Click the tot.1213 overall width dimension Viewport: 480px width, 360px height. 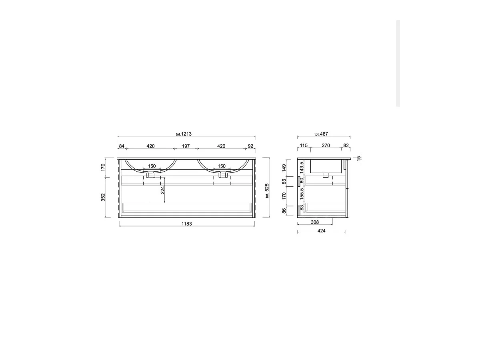(x=184, y=134)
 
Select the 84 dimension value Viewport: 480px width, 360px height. (x=122, y=146)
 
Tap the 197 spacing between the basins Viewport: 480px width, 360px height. (x=186, y=146)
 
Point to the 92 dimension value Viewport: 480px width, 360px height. (x=251, y=146)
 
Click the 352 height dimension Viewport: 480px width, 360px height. (x=103, y=197)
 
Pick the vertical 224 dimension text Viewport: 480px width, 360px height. (x=162, y=190)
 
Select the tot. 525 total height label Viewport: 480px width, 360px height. (x=267, y=190)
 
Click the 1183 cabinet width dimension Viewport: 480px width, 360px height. (x=186, y=224)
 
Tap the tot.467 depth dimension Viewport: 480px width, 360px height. (x=321, y=134)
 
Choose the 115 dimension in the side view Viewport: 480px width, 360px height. (x=304, y=146)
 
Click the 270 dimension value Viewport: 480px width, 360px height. (x=326, y=146)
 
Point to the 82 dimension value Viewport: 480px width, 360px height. (x=346, y=146)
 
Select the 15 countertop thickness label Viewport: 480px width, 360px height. (x=359, y=158)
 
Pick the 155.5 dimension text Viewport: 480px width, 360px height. (x=302, y=194)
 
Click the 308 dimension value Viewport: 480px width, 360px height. (x=315, y=222)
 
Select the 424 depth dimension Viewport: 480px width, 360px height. (x=321, y=231)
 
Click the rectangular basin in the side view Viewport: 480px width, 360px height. (x=326, y=166)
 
